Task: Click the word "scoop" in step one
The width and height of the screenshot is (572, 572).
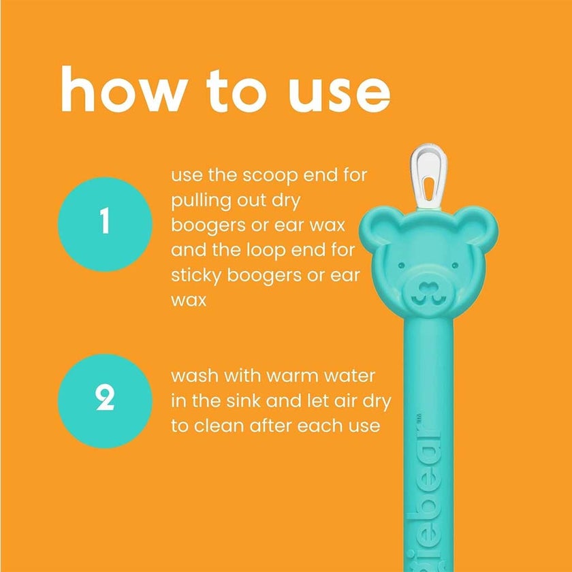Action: (x=261, y=176)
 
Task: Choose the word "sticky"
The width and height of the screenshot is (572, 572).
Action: (x=197, y=274)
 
